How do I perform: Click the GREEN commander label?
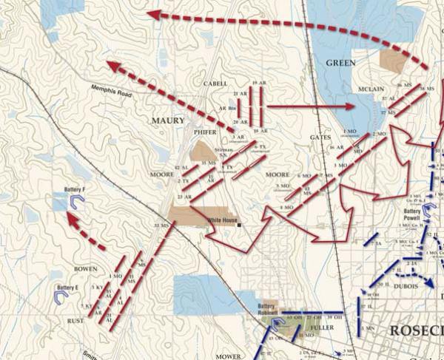341,64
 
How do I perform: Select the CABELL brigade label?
215,84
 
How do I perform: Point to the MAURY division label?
169,120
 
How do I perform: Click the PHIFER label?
205,132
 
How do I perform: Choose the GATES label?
320,137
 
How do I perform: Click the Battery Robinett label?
267,308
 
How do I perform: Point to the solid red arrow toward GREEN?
311,106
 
